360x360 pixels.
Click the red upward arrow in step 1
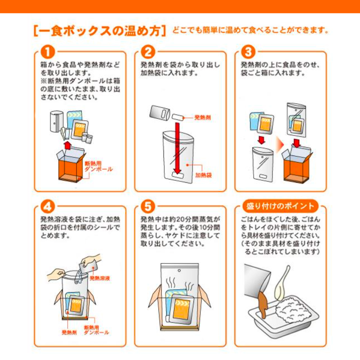67,145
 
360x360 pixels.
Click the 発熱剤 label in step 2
202,118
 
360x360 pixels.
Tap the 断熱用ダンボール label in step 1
98,166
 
